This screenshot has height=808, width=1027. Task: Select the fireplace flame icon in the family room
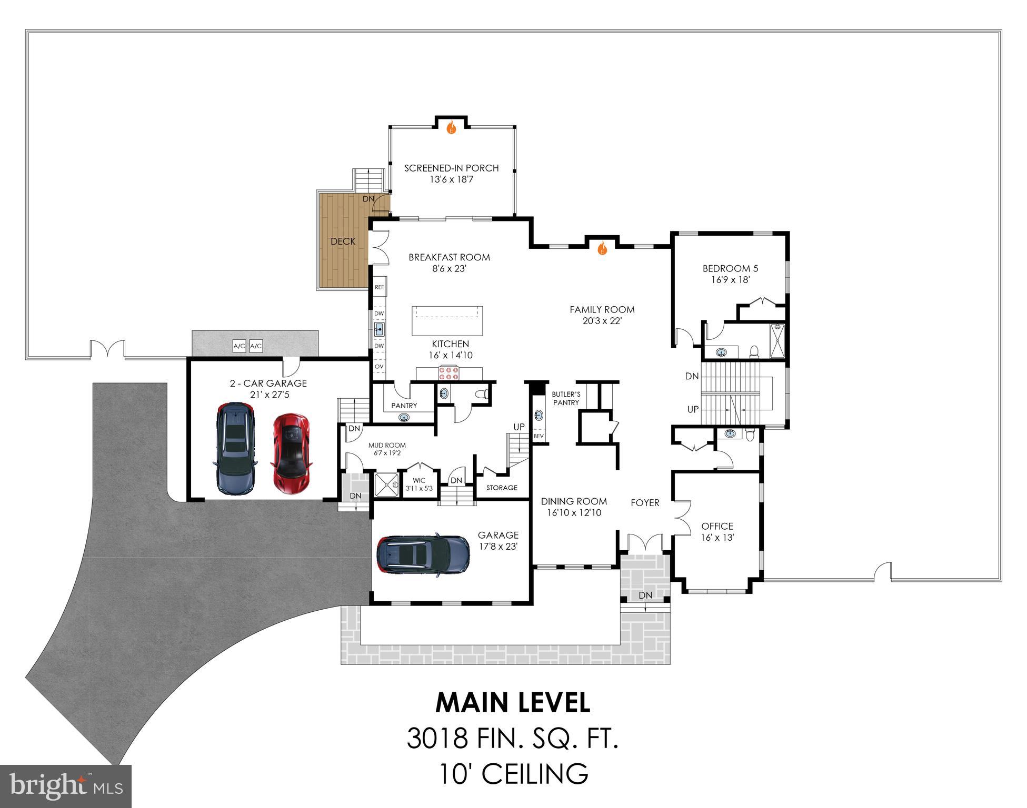603,248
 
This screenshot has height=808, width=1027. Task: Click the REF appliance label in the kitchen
380,288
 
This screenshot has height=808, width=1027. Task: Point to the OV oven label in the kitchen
379,367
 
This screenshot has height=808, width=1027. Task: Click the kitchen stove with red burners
448,373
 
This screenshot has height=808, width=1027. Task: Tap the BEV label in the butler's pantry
539,436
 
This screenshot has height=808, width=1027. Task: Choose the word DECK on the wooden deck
343,241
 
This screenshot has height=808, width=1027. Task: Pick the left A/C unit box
240,346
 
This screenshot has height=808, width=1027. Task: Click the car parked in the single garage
423,554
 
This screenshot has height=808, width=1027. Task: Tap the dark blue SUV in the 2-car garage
235,449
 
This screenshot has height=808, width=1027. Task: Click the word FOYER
645,503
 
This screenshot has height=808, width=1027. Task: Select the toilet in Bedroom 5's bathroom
753,351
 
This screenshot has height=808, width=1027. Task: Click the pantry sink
404,418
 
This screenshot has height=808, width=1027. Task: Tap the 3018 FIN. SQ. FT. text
512,738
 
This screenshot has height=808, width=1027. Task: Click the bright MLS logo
65,786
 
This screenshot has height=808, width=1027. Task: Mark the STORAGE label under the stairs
502,488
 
